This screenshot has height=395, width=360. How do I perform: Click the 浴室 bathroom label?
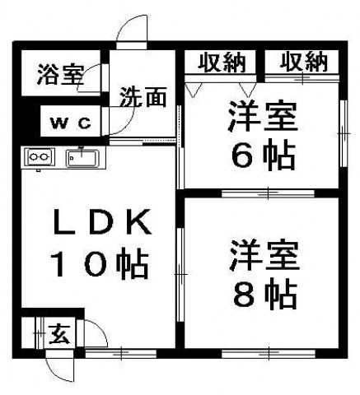(60, 74)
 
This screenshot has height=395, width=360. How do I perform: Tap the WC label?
(71, 123)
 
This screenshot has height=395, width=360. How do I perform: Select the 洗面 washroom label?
(143, 97)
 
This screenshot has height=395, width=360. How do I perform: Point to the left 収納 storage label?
(222, 63)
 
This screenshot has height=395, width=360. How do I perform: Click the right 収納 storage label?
(304, 63)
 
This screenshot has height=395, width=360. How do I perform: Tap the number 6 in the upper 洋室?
(243, 157)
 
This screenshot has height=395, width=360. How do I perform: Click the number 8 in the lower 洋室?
(244, 295)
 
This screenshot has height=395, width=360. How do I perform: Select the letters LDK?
(102, 221)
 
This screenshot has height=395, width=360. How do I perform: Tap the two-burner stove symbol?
(40, 156)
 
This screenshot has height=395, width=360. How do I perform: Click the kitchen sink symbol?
(82, 158)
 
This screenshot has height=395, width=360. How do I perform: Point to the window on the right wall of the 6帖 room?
(343, 133)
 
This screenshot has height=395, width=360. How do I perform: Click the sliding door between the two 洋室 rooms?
(268, 193)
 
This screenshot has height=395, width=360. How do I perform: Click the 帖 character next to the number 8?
(280, 295)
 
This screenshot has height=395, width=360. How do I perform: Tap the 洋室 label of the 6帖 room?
(263, 116)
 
